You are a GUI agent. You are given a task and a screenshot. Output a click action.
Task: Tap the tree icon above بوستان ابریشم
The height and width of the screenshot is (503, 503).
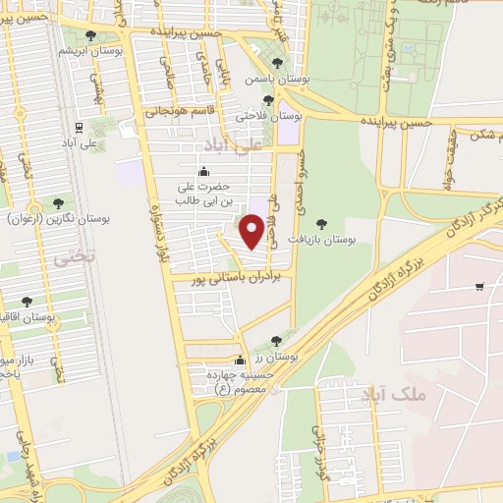pyautogui.click(x=91, y=35)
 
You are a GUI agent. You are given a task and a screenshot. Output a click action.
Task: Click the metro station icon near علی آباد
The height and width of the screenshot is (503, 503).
pyautogui.click(x=79, y=128)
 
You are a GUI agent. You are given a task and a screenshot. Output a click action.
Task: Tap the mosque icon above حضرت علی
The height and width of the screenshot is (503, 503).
pyautogui.click(x=203, y=172)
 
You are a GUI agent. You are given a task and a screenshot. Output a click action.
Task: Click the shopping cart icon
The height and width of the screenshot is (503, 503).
pyautogui.click(x=479, y=287)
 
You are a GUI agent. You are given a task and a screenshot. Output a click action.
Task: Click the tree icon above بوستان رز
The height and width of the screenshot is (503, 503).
pyautogui.click(x=276, y=340)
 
